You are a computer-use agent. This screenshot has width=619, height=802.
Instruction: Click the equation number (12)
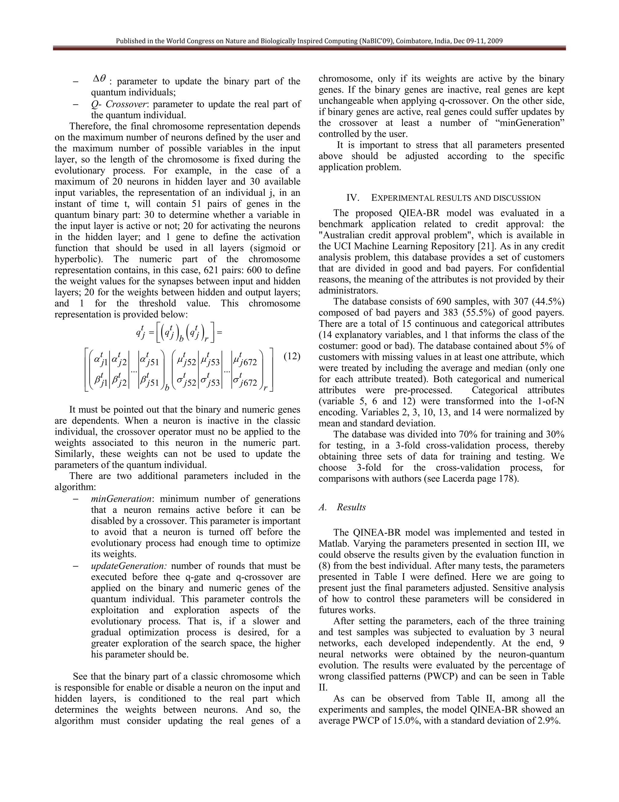click(292, 356)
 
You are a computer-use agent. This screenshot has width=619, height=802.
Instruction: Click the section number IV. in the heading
click(353, 198)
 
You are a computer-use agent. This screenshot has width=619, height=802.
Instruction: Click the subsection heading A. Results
click(342, 507)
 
